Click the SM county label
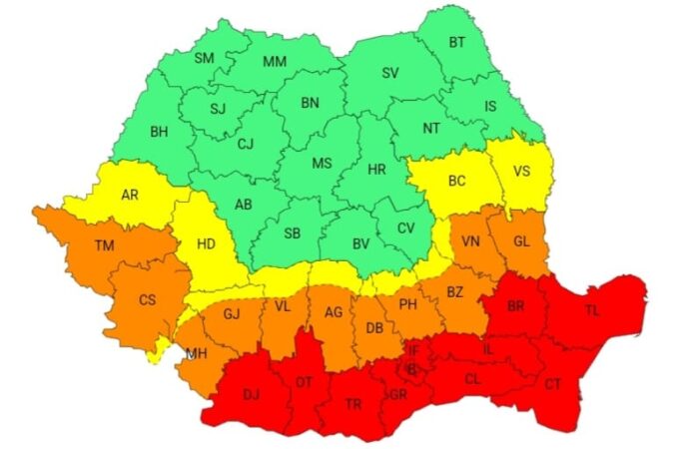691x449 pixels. pyautogui.click(x=204, y=59)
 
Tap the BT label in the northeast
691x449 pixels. pyautogui.click(x=457, y=42)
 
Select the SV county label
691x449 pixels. pyautogui.click(x=390, y=74)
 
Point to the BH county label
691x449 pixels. pyautogui.click(x=159, y=131)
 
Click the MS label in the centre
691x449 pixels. pyautogui.click(x=322, y=163)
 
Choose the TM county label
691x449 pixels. pyautogui.click(x=104, y=245)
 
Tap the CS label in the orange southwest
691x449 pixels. pyautogui.click(x=147, y=299)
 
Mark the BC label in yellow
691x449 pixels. pyautogui.click(x=456, y=181)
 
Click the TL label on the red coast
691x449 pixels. pyautogui.click(x=592, y=310)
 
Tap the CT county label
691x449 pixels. pyautogui.click(x=553, y=383)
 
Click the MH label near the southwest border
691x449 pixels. pyautogui.click(x=196, y=353)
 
